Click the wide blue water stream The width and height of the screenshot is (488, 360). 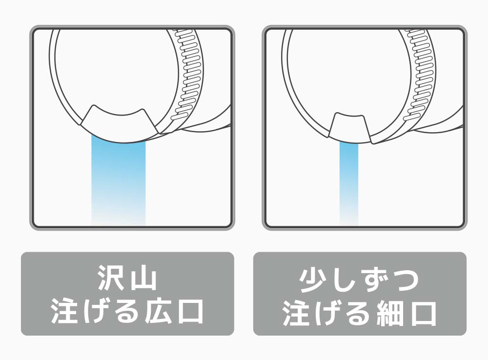[118, 180]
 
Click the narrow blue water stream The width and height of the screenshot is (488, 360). [348, 183]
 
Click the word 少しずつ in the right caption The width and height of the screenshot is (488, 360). [359, 280]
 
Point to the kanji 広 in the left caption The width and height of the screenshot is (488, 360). [156, 311]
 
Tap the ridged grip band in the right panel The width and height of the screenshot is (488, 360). [418, 75]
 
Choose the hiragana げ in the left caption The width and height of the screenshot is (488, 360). [95, 311]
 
